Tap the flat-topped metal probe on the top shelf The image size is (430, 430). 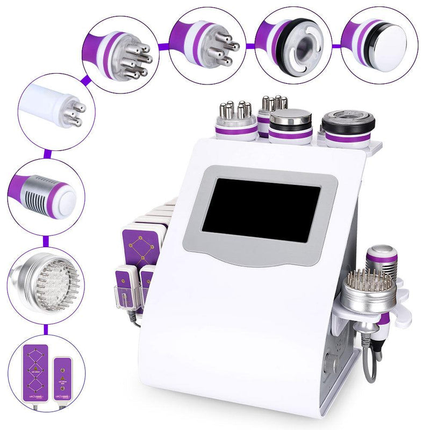tap(290, 126)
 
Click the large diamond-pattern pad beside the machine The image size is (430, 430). tap(141, 245)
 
